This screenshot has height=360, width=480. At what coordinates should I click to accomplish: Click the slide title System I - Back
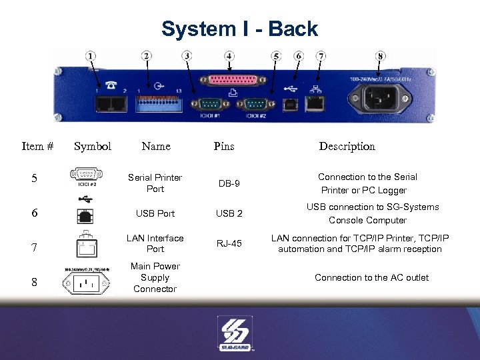pos(239,29)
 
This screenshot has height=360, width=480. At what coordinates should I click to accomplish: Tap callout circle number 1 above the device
pos(91,56)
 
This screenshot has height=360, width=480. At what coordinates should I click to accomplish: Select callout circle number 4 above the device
pos(229,56)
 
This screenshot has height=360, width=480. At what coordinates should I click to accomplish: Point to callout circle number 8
pos(381,57)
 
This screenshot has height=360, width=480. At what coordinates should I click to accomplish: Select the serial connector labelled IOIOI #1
pos(204,104)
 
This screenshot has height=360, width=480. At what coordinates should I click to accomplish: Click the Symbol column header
pos(93,147)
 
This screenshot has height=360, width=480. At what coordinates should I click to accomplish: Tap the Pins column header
pos(224,147)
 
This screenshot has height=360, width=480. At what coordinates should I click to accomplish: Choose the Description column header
pos(347,147)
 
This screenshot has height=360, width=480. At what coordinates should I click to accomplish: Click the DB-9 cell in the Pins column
pos(229,183)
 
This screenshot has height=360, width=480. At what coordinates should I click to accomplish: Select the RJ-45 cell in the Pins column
pos(229,244)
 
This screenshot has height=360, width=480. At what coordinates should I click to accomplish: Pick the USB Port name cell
pos(155,213)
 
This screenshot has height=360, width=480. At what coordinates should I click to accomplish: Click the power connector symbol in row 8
pos(86,283)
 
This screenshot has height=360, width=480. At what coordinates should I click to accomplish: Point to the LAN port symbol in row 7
pos(85,247)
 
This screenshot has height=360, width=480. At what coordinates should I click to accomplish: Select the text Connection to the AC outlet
pos(371,278)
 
